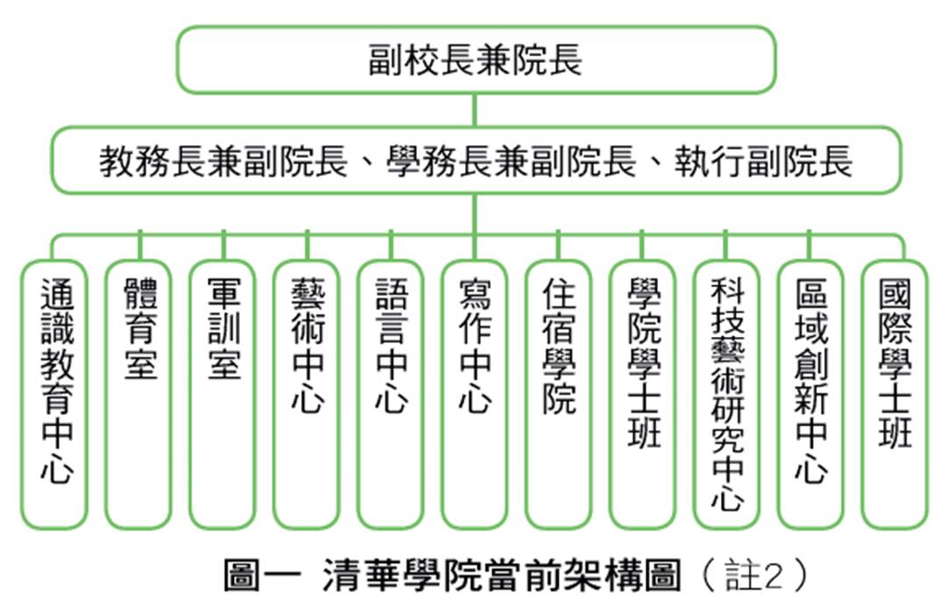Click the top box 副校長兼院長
coord(476,60)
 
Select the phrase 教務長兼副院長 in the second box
coord(223,162)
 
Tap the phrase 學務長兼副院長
coord(511,162)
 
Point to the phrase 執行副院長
coord(763,162)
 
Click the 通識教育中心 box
coord(55,395)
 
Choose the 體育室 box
coord(139,395)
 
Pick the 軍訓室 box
coord(223,395)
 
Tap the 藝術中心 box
coord(307,395)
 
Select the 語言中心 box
coord(391,395)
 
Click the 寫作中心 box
coord(475,395)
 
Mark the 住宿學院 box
coord(559,395)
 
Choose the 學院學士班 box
coord(643,395)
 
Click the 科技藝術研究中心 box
coord(726,395)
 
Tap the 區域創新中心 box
coord(810,395)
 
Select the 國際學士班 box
coord(894,395)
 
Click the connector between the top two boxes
coord(475,109)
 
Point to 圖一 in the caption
coord(262,575)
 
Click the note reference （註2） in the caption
coord(754,575)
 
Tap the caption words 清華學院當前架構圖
coord(502,575)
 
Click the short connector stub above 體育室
coord(140,245)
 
